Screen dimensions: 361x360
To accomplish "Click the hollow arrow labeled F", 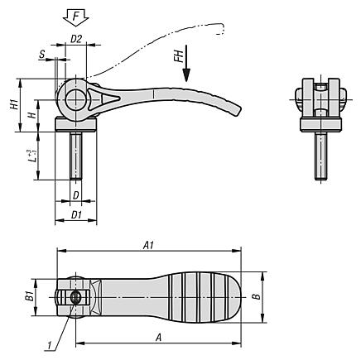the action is click(76, 17).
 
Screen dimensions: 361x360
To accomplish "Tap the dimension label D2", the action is click(76, 39).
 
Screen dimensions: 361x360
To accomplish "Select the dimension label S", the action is click(42, 55).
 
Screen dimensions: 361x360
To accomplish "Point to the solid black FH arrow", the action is click(186, 63).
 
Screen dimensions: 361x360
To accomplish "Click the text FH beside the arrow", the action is click(179, 56).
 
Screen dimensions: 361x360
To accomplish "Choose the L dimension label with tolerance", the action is click(31, 156).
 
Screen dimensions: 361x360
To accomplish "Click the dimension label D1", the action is click(76, 215).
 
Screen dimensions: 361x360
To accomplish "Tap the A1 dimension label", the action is click(148, 245).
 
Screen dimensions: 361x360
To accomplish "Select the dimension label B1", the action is click(30, 296).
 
